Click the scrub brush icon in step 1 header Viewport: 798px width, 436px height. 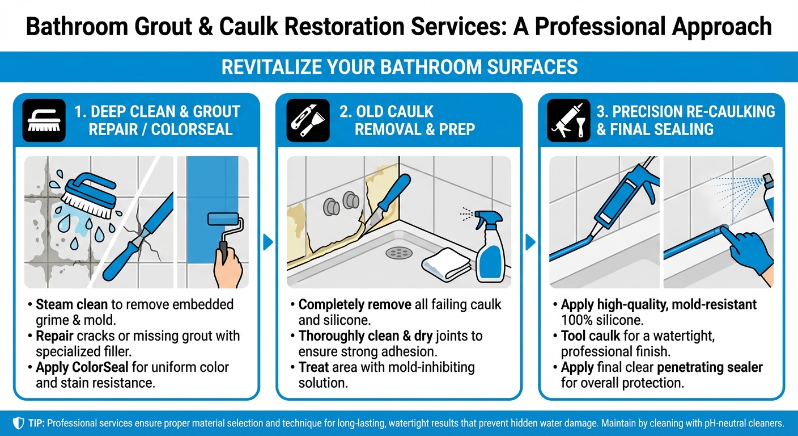point(44,120)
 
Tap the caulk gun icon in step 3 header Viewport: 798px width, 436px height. point(568,120)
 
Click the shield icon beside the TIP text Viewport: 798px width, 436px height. point(18,424)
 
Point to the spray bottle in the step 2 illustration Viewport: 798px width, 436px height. point(486,245)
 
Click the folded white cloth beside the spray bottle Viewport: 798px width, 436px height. point(447,263)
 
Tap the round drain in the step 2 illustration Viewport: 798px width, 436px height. point(398,252)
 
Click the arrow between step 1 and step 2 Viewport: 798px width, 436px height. point(268,242)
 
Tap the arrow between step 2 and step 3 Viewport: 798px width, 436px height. point(530,242)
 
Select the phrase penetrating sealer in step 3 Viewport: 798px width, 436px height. point(718,367)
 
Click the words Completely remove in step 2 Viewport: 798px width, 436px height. point(355,305)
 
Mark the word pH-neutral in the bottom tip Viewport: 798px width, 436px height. point(705,424)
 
